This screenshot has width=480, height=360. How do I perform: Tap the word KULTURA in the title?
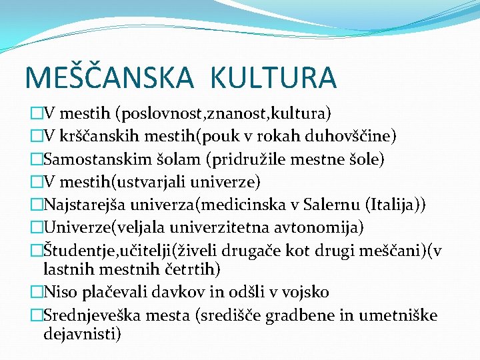point(273,77)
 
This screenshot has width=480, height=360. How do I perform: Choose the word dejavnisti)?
point(82,333)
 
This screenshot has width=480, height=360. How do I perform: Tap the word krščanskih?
point(95,136)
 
